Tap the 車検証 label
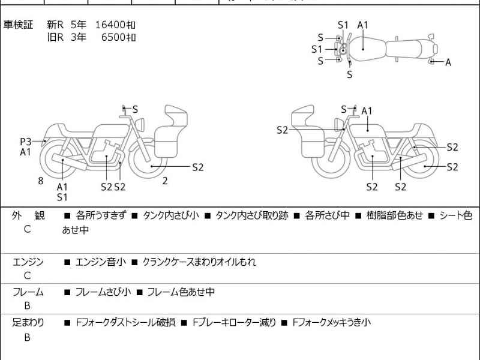pyautogui.click(x=19, y=25)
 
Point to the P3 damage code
pyautogui.click(x=25, y=142)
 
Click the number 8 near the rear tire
pyautogui.click(x=41, y=180)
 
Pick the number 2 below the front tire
pyautogui.click(x=164, y=180)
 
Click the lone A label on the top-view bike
pyautogui.click(x=448, y=62)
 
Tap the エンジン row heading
pyautogui.click(x=28, y=262)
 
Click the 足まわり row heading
pyautogui.click(x=28, y=323)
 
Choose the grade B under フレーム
pyautogui.click(x=28, y=307)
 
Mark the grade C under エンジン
pyautogui.click(x=28, y=276)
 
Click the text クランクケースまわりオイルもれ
pyautogui.click(x=199, y=262)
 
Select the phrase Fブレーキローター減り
pyautogui.click(x=234, y=323)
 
